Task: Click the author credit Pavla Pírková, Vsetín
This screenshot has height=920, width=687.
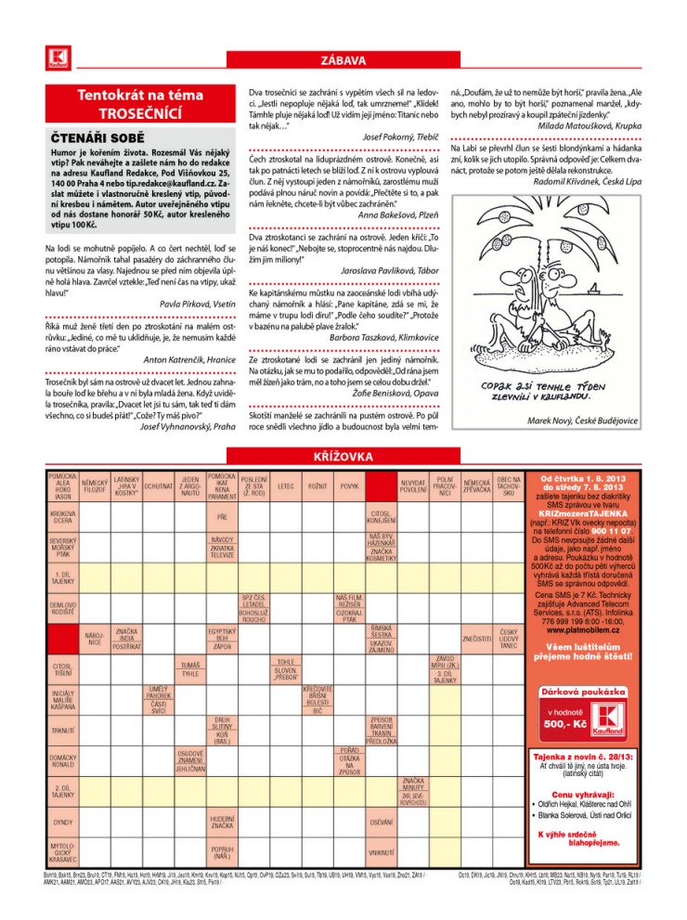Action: point(198,303)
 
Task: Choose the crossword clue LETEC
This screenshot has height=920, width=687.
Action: point(286,486)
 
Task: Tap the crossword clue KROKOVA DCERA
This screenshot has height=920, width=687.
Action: point(63,516)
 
